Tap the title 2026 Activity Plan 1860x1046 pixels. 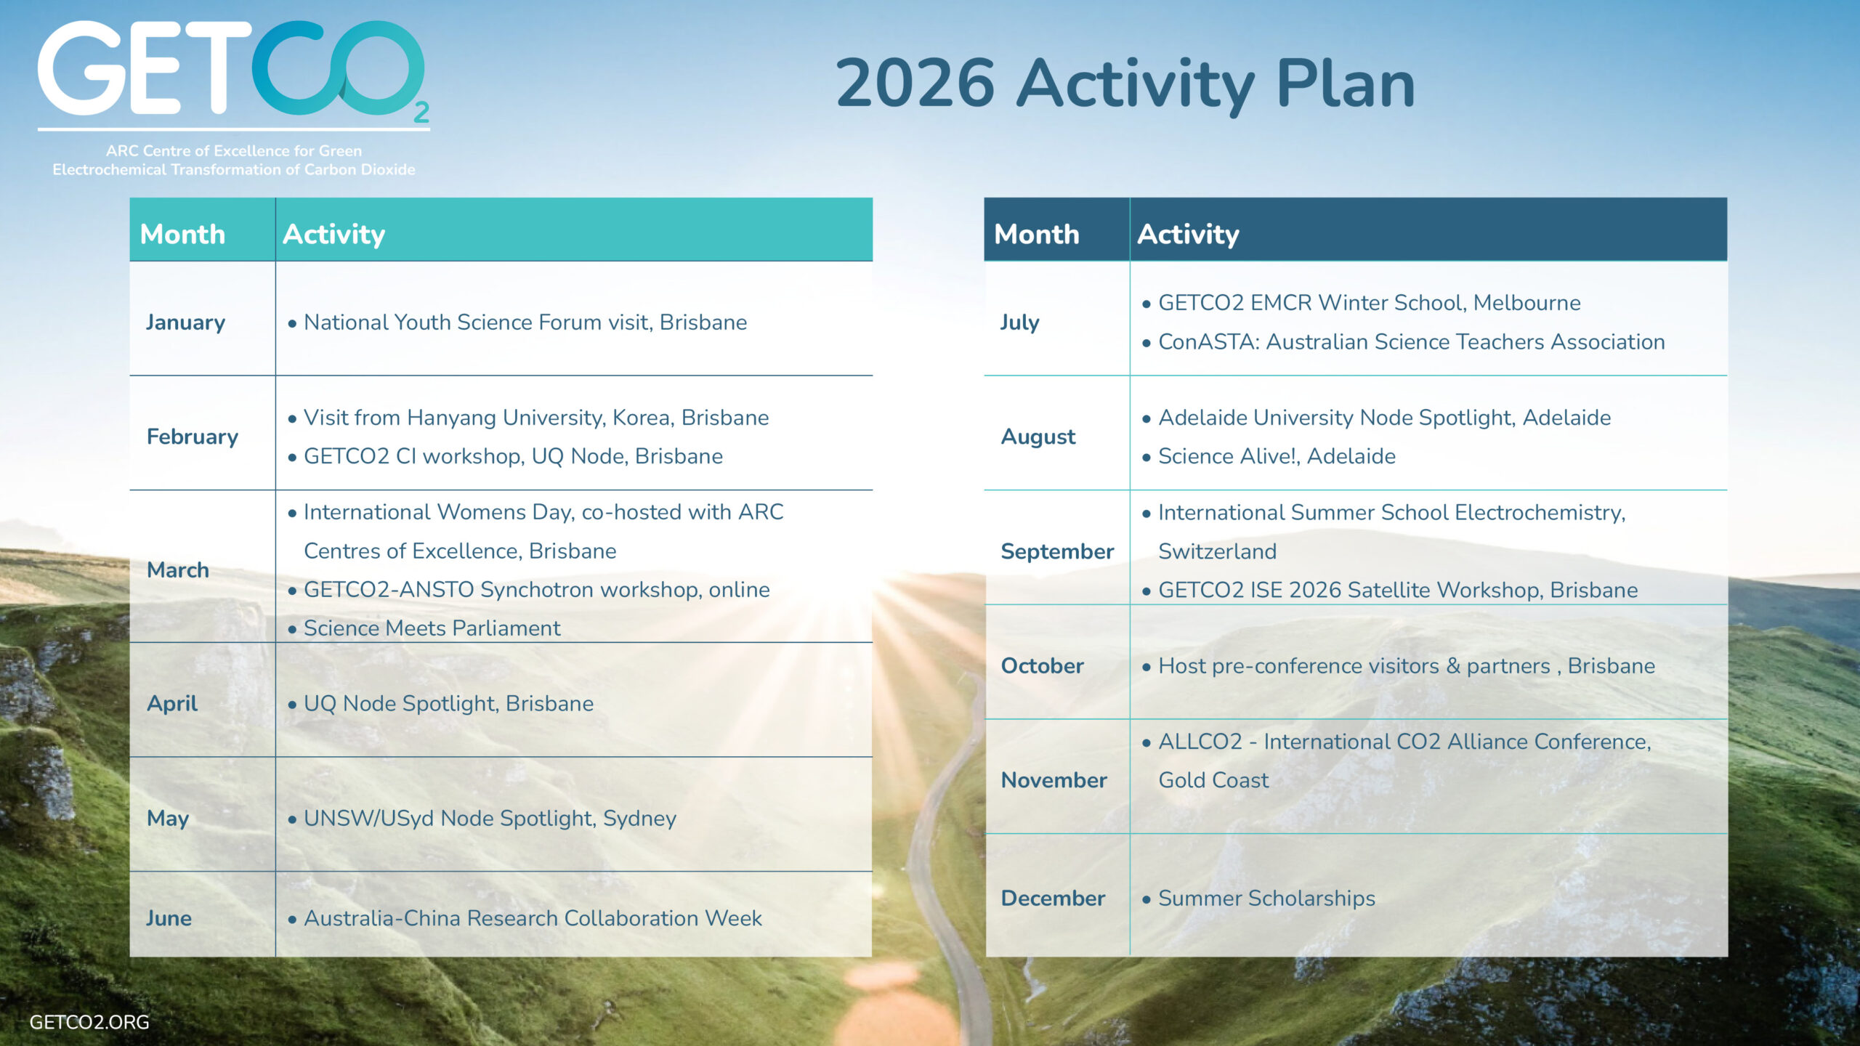[1125, 84]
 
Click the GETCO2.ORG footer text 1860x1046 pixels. [89, 1022]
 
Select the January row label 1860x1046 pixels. [185, 323]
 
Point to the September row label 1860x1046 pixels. [1057, 552]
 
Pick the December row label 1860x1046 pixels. [1053, 899]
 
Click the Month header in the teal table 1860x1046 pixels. [182, 235]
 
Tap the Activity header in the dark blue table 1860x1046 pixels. [1188, 235]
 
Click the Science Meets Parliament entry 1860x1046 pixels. [432, 628]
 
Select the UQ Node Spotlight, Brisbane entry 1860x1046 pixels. [448, 704]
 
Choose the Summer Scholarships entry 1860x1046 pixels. [1266, 899]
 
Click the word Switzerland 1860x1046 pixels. [1217, 551]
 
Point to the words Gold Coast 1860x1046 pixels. [1213, 780]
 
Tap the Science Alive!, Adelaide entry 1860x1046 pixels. [1277, 456]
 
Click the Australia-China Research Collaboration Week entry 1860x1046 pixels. [533, 918]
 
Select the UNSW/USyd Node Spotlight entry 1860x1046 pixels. [490, 819]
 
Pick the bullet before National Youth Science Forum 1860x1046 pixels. [292, 324]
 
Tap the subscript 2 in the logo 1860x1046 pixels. [421, 112]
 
